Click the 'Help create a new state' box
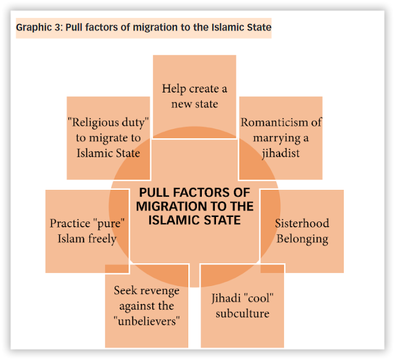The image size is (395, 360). coord(194,96)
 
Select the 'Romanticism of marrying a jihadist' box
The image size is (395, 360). coord(280,137)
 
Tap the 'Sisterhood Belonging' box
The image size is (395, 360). coord(302,231)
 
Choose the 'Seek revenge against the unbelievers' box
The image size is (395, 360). coord(146,306)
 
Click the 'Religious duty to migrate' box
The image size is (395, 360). coord(108,136)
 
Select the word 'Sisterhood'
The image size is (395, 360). coord(302,223)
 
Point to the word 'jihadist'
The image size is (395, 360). coord(280,152)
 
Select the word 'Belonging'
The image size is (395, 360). coord(302,239)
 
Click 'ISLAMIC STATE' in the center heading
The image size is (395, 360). coord(194,219)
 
